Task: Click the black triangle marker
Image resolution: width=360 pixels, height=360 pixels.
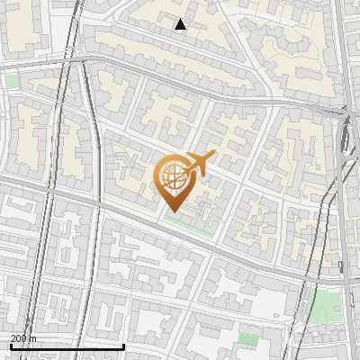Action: [x=181, y=24]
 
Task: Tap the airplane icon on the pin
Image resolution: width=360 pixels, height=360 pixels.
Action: [x=197, y=164]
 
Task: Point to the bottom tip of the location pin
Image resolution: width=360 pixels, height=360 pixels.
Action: [x=173, y=211]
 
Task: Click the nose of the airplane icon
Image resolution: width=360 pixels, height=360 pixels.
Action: [x=212, y=156]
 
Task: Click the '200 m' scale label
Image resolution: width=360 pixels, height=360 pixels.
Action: [x=23, y=338]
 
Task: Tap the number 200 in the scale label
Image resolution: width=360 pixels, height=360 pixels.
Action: [x=19, y=338]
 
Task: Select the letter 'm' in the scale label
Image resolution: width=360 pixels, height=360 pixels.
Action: [x=33, y=338]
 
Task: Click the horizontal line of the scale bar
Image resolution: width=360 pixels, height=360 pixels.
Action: [x=67, y=346]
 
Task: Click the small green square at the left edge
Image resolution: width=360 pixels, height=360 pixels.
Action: [x=13, y=80]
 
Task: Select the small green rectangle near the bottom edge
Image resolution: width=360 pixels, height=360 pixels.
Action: [x=247, y=339]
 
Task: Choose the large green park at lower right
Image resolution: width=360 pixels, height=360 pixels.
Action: [x=325, y=306]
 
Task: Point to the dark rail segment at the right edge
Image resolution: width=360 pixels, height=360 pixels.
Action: [x=346, y=135]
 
